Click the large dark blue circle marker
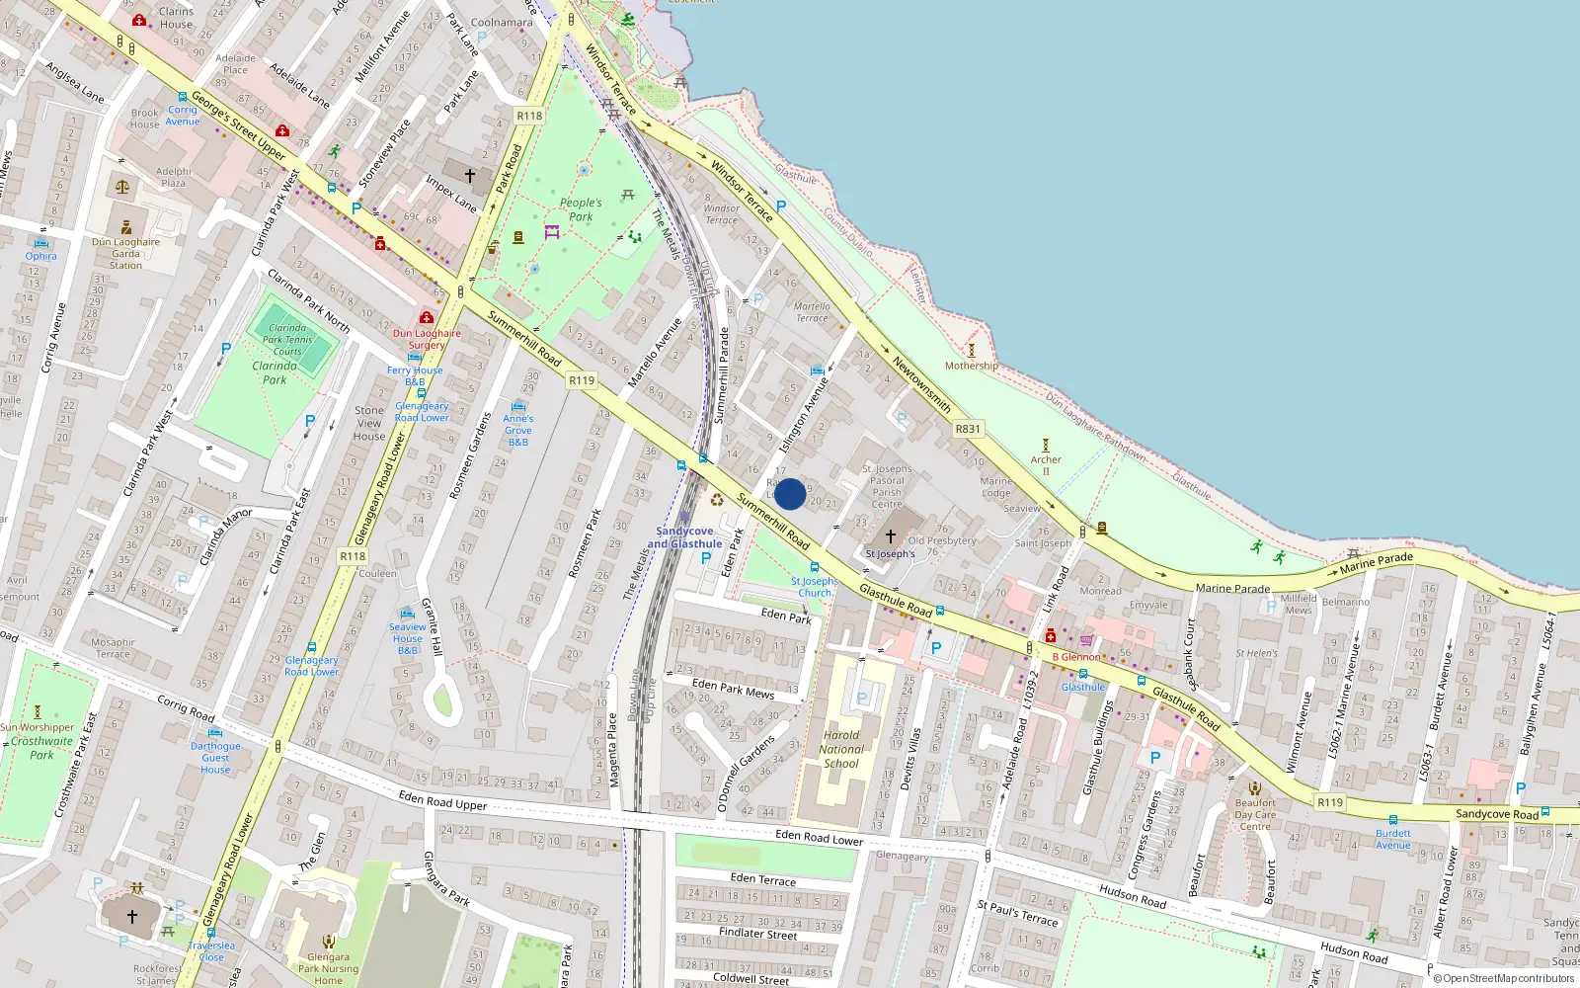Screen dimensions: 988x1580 (789, 494)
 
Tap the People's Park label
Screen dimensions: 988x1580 (581, 209)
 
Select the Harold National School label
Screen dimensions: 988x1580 (840, 749)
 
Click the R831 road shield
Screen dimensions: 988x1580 (968, 429)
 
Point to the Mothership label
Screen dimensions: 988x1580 (971, 366)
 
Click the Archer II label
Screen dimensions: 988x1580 (1046, 464)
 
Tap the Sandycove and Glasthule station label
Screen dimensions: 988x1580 (684, 537)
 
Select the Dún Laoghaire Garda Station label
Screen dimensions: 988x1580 (125, 254)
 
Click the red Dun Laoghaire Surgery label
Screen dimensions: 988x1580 (427, 339)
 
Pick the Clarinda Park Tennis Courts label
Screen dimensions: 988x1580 (287, 339)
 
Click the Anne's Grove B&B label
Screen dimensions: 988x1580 (518, 430)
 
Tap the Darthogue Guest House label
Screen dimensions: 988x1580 (215, 758)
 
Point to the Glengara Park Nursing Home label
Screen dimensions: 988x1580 (328, 968)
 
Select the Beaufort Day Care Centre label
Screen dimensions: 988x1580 (1255, 815)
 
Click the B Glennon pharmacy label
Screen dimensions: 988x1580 (1076, 656)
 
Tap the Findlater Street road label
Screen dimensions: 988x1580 (757, 933)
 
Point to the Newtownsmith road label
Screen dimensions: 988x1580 (921, 384)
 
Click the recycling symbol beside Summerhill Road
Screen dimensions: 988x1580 (717, 500)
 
